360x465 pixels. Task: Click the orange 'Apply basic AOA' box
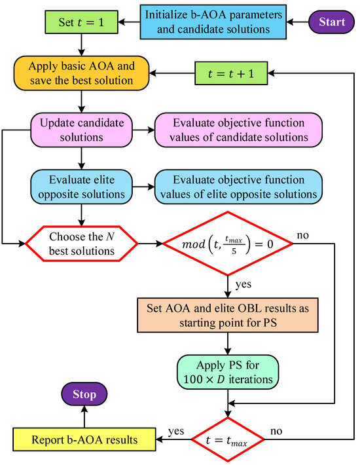pyautogui.click(x=81, y=74)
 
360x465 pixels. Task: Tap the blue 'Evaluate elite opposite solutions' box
pyautogui.click(x=81, y=186)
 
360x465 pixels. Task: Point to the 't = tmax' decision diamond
pyautogui.click(x=227, y=439)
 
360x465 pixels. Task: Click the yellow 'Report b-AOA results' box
pyautogui.click(x=84, y=439)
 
